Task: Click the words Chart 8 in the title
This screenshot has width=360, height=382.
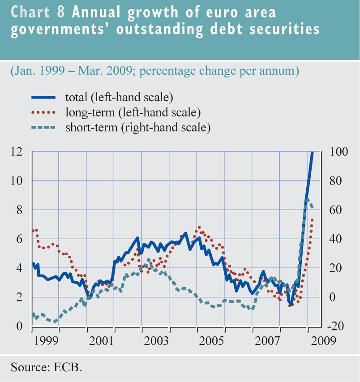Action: pos(38,12)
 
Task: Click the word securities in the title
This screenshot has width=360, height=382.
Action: pos(285,30)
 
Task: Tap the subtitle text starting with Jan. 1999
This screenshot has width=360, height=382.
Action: pos(154,71)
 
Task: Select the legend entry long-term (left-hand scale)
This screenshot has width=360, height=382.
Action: pos(132,112)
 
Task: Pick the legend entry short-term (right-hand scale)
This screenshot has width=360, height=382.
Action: pos(137,127)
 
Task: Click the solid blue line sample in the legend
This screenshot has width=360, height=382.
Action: pos(43,97)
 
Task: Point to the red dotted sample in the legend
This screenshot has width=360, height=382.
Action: pos(43,112)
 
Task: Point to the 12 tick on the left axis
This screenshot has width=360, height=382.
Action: pos(17,152)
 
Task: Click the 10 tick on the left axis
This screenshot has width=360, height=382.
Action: pos(17,181)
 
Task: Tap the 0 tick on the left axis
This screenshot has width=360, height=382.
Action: pos(19,326)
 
